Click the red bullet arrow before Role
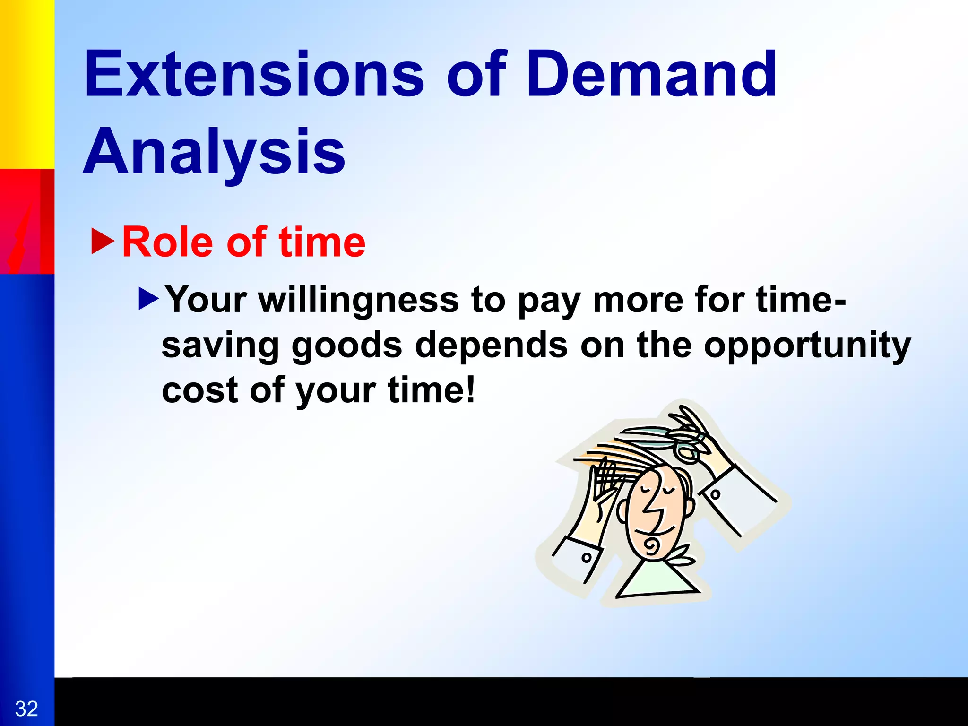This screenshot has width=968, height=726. coord(103,241)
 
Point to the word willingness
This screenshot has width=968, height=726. coord(358,301)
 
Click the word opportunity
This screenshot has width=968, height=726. coord(807,346)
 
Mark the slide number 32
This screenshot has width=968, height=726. coord(26,709)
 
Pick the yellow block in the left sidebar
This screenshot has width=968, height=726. coord(26,83)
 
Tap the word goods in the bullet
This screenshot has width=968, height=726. coord(347,346)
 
